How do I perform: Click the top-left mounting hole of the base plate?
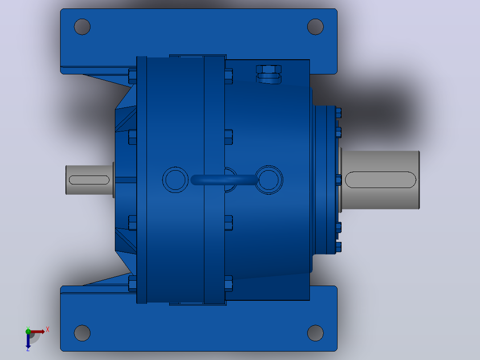click(x=82, y=27)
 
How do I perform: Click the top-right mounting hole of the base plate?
click(x=315, y=27)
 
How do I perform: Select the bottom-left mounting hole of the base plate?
click(x=82, y=333)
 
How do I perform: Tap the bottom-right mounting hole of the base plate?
click(x=315, y=333)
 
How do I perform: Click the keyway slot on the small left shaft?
click(x=89, y=180)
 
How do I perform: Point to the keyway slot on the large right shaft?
click(x=381, y=180)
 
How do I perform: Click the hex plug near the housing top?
click(x=268, y=74)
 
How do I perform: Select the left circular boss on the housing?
click(x=175, y=180)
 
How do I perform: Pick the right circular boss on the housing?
click(x=269, y=180)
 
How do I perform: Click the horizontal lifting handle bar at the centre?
click(x=224, y=180)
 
